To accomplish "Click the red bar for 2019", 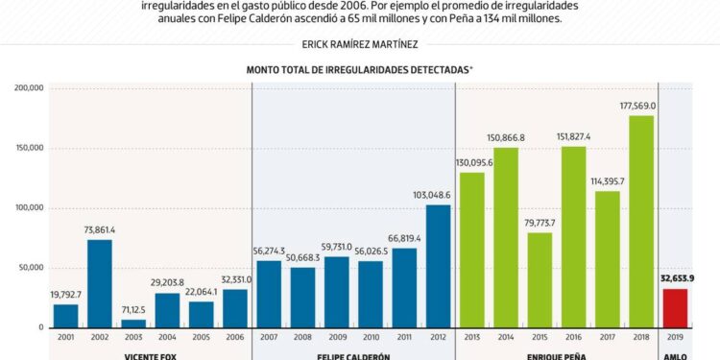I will [675, 308].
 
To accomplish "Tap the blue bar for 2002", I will [100, 283].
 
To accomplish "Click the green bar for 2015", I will [540, 279].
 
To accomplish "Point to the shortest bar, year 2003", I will [133, 324].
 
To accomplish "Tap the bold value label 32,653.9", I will [677, 278].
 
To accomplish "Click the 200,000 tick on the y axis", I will [29, 88].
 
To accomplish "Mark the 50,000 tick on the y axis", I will [32, 268].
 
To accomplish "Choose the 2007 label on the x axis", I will [269, 338].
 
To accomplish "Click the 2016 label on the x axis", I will [573, 338].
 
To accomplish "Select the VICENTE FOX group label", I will [150, 356].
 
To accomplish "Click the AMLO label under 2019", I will [675, 356].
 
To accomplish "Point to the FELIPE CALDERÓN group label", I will [353, 356].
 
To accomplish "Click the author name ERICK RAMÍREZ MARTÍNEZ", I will [360, 44].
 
